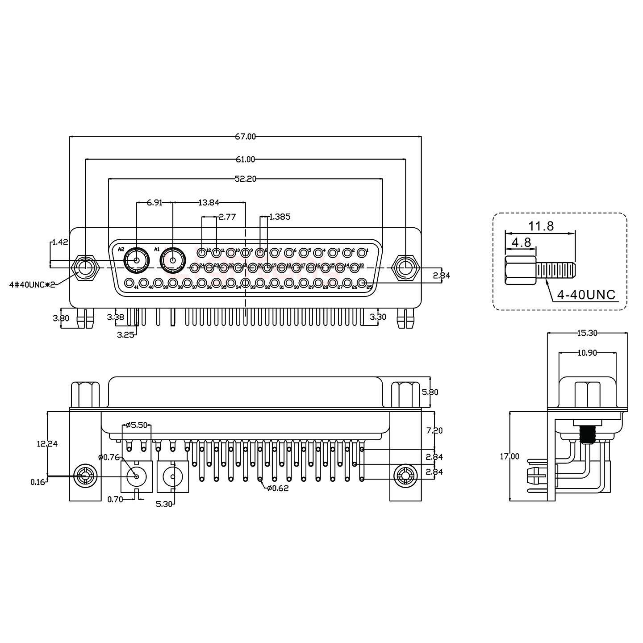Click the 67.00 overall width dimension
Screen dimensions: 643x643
(x=246, y=137)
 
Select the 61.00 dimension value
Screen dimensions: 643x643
(x=245, y=159)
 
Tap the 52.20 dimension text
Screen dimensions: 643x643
(x=245, y=179)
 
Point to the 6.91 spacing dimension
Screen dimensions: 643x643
(x=154, y=203)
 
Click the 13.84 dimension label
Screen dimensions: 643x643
(x=209, y=203)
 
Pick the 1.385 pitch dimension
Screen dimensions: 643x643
(x=280, y=217)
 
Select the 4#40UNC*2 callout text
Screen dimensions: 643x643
(x=32, y=284)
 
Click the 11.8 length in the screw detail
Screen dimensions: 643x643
(x=542, y=226)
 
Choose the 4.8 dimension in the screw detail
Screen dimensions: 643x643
(x=521, y=242)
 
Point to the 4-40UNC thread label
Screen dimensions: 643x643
(x=587, y=295)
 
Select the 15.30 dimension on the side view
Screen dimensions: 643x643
(x=587, y=333)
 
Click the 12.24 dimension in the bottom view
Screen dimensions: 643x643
(x=47, y=443)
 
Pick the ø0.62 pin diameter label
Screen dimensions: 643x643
(x=278, y=489)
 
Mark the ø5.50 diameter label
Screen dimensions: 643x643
(x=137, y=425)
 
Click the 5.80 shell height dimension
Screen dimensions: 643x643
(x=430, y=392)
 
